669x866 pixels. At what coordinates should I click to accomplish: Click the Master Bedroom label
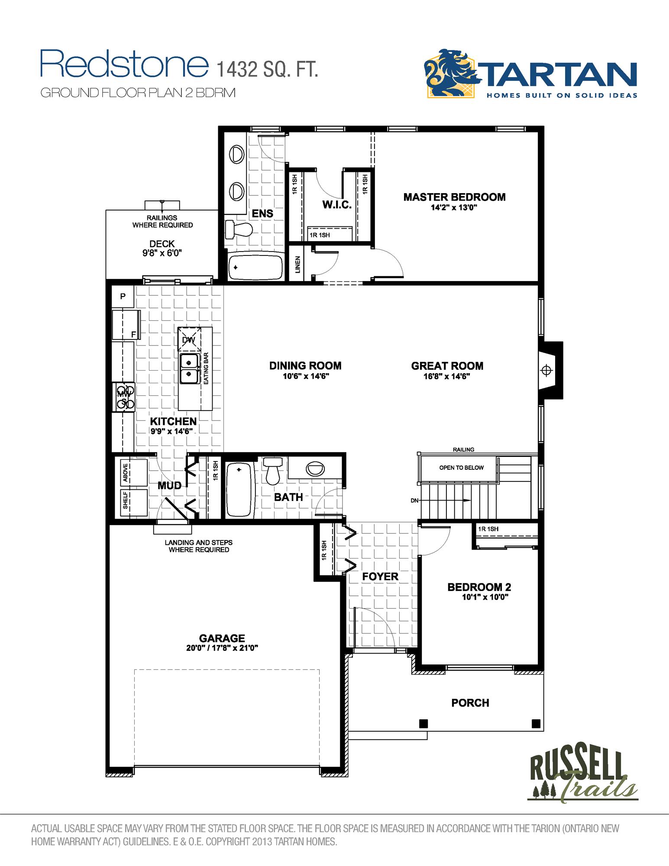(x=454, y=197)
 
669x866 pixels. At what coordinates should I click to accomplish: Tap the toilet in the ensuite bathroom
(x=238, y=228)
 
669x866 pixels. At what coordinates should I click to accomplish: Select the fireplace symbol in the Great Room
(x=547, y=370)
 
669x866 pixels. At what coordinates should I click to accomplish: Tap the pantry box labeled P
(x=123, y=297)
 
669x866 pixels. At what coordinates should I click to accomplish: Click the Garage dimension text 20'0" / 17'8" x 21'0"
(x=222, y=648)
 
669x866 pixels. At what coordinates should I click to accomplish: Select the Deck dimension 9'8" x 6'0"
(x=162, y=253)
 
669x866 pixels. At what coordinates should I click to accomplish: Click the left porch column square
(x=423, y=723)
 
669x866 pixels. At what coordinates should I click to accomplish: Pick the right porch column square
(x=536, y=723)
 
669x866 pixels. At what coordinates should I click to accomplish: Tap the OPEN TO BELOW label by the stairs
(x=461, y=468)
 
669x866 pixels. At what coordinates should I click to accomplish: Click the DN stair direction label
(x=414, y=501)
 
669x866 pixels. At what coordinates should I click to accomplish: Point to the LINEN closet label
(x=298, y=265)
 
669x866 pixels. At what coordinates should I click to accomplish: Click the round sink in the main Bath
(x=315, y=469)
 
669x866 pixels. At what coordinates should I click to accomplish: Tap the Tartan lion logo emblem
(x=451, y=74)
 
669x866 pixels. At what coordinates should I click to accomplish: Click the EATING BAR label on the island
(x=206, y=368)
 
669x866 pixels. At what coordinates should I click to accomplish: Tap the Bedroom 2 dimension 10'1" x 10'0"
(x=485, y=597)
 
